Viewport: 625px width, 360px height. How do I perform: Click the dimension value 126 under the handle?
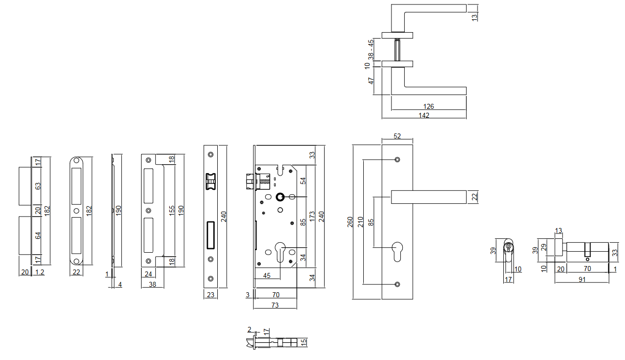point(429,106)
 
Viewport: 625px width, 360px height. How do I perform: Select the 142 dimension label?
point(424,115)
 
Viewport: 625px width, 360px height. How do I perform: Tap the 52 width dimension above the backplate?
point(397,136)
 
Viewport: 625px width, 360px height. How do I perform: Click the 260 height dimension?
point(350,222)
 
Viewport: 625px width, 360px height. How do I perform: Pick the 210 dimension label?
point(360,222)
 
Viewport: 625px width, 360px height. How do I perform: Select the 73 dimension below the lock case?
point(275,305)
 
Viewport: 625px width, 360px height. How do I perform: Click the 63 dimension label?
point(38,186)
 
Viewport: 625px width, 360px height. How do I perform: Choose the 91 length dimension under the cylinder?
point(582,279)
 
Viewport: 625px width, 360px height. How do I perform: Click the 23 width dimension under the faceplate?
point(210,295)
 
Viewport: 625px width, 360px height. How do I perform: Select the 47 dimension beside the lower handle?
point(371,81)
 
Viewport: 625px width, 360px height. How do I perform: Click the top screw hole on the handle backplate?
point(397,160)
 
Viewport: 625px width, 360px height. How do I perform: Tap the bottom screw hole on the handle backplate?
point(397,284)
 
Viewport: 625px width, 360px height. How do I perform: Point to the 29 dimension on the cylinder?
point(543,246)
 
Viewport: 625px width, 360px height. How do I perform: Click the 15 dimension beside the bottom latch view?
point(304,341)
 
